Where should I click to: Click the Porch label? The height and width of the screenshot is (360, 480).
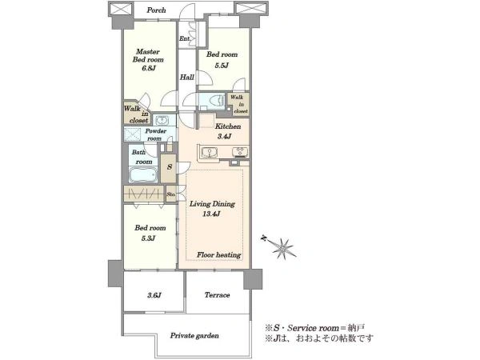156,10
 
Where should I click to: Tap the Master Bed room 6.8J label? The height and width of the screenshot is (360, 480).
148,60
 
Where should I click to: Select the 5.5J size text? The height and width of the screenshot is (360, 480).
222,66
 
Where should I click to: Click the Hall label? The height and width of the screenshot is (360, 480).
186,77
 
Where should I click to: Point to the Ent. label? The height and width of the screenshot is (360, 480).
185,39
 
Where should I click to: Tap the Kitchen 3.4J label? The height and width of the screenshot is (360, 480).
227,131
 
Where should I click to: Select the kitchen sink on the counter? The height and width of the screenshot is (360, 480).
210,152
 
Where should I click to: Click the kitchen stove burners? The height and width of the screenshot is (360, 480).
240,152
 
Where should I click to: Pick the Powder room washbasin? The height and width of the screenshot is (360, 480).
161,120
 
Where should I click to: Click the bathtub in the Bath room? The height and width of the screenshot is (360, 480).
143,175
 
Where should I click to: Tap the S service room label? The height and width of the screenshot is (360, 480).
170,167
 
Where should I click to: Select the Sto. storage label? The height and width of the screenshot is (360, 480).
171,194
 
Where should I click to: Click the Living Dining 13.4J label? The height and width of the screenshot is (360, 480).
212,209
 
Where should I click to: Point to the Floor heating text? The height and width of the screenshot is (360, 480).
218,254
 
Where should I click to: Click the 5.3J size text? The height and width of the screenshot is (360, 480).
148,238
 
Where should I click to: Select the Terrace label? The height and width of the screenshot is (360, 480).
217,295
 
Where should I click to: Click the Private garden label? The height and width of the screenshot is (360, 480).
194,335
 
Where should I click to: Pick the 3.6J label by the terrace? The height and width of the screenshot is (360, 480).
154,295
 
